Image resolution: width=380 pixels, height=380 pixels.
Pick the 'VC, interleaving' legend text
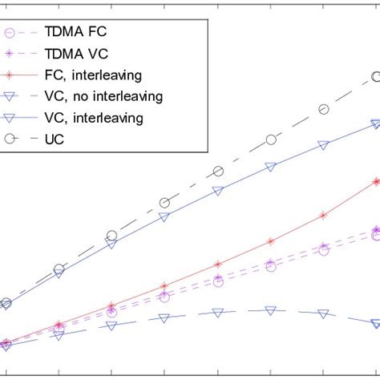point(105,118)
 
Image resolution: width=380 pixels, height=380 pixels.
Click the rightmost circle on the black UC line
point(376,77)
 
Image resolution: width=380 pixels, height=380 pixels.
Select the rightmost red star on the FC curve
point(376,181)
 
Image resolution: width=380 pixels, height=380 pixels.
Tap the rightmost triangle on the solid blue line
point(376,123)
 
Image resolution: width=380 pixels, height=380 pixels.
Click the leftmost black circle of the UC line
point(6,303)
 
